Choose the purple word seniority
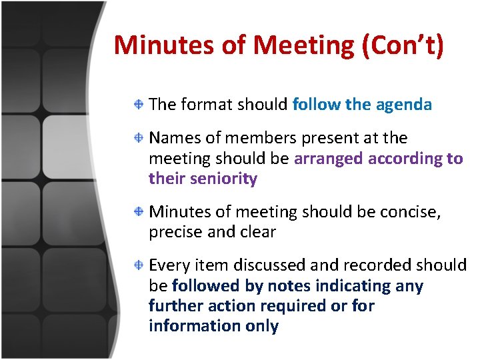pos(223,179)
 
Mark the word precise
pos(175,233)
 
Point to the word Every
pos(169,265)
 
